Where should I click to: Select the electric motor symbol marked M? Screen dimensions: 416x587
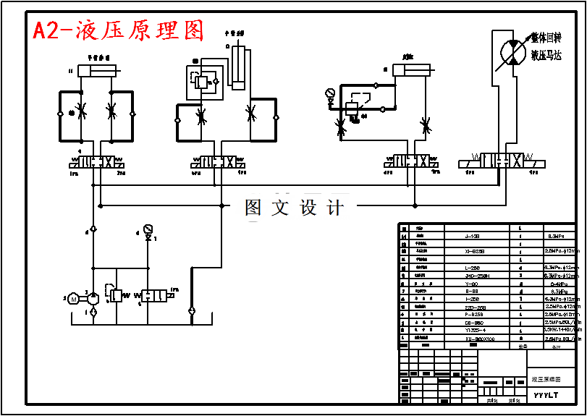click(73, 297)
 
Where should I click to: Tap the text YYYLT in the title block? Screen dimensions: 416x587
click(546, 395)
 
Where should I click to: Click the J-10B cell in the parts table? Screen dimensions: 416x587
click(472, 236)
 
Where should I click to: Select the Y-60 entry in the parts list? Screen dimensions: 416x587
click(472, 283)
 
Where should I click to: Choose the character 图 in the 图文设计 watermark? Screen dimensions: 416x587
click(253, 208)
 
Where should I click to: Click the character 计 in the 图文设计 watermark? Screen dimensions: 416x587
click(335, 208)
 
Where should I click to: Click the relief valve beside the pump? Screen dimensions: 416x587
click(116, 296)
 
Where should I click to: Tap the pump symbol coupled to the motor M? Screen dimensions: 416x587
click(93, 297)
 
